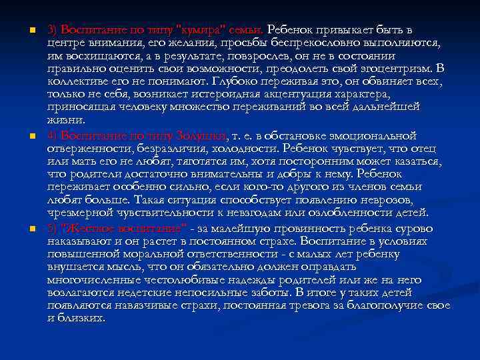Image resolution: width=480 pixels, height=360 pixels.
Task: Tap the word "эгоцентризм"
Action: [x=392, y=68]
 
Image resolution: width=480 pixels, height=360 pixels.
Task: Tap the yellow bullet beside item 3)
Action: [x=23, y=31]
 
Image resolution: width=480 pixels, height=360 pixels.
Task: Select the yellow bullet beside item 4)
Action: [x=23, y=137]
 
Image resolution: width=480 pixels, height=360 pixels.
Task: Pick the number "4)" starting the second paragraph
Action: [x=53, y=136]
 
